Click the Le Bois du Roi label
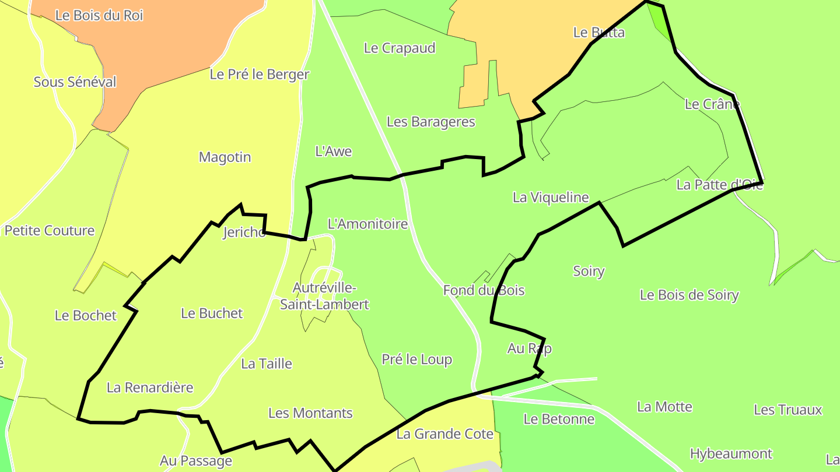tap(99, 16)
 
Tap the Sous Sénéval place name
tap(75, 82)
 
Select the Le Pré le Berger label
tap(260, 75)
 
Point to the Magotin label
tap(225, 157)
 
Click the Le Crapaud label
tap(400, 48)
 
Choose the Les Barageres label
tap(430, 122)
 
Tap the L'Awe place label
tap(333, 152)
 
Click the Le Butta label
tap(598, 33)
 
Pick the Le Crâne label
tap(712, 104)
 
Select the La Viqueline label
tap(551, 198)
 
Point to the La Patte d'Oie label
tap(719, 185)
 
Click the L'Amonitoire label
tap(367, 224)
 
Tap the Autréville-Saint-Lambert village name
tap(324, 296)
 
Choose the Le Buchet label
tap(212, 314)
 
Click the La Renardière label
tap(150, 388)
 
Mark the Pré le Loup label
tap(416, 360)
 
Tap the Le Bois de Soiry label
tap(689, 295)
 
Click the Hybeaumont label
tap(731, 454)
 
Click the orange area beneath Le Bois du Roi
tap(175, 52)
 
